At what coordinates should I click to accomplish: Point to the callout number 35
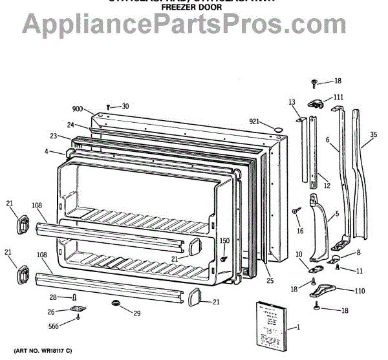pyautogui.click(x=373, y=135)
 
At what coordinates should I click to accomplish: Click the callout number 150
pyautogui.click(x=224, y=241)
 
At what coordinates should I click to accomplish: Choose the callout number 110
pyautogui.click(x=360, y=292)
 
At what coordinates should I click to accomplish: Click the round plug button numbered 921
pyautogui.click(x=278, y=129)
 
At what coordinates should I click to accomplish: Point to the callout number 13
pyautogui.click(x=292, y=103)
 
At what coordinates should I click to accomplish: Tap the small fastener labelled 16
pyautogui.click(x=296, y=211)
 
